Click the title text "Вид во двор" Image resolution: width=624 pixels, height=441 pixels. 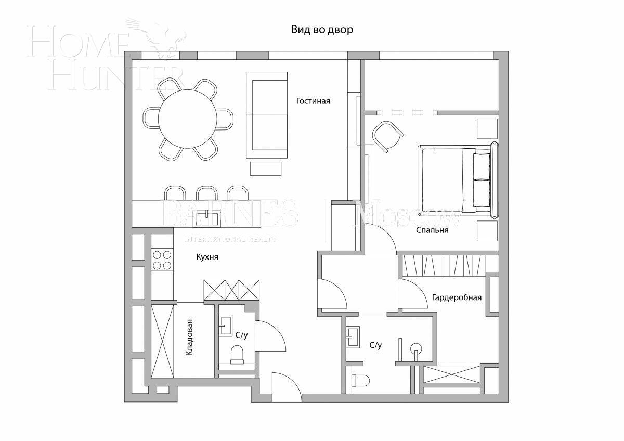point(322,30)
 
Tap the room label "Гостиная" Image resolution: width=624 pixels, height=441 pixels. point(313,101)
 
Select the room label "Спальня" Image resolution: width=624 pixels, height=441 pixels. point(432,230)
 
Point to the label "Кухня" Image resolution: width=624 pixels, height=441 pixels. point(207,256)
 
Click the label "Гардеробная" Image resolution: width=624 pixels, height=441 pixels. point(456,297)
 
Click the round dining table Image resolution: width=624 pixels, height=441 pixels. point(188,119)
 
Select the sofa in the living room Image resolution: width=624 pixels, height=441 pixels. point(267,115)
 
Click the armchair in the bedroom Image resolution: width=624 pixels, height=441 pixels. point(387,135)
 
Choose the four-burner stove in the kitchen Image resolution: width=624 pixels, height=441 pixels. point(162,260)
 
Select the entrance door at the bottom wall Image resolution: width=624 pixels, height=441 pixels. point(287,388)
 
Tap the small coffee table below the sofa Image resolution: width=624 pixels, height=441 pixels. point(265,168)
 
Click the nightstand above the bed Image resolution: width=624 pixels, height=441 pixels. point(487,128)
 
